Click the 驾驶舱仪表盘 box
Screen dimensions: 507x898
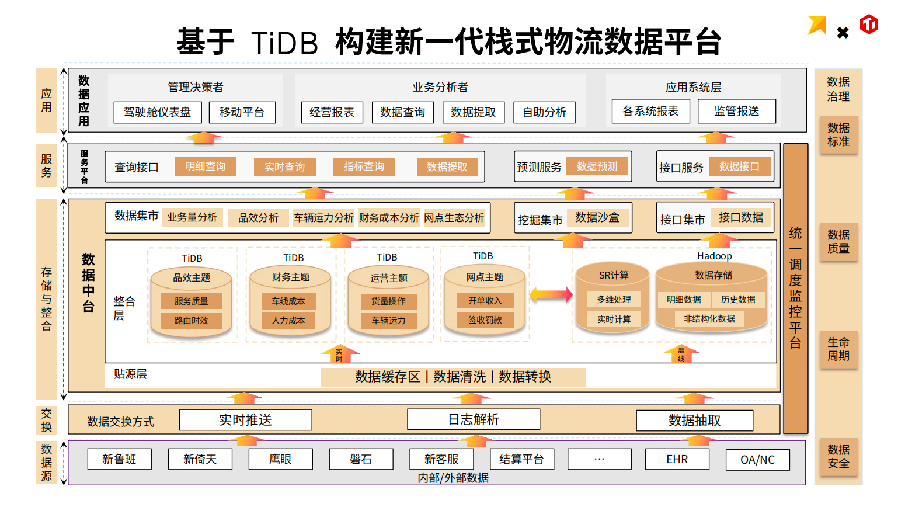pos(158,112)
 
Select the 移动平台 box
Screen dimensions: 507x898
pos(242,112)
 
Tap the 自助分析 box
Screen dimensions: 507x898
pos(544,112)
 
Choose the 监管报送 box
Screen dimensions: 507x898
pos(736,111)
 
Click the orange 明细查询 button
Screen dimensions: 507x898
pos(206,166)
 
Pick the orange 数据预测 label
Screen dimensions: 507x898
pos(597,166)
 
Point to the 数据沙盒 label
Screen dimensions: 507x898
pos(597,217)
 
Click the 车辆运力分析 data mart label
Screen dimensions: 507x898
pos(323,218)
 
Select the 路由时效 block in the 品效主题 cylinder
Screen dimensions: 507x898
pos(192,321)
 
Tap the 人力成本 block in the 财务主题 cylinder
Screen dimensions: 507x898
pos(288,321)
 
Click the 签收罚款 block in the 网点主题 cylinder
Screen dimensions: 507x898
pos(485,320)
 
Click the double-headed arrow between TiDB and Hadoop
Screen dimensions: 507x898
pos(551,294)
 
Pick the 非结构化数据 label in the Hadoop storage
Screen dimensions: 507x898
pos(709,318)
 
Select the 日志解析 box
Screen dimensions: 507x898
pos(473,419)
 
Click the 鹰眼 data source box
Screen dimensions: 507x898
pos(280,459)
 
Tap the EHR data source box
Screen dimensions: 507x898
pos(677,459)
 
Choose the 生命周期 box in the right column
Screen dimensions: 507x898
pos(838,349)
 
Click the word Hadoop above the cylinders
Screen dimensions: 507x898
pos(714,256)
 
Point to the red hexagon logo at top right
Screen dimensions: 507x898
pos(869,25)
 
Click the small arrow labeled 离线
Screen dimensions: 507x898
pos(681,353)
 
